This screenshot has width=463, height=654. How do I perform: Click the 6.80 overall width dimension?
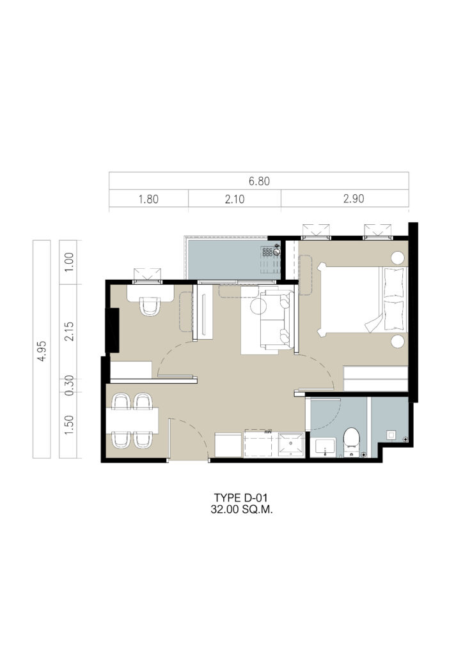tap(259, 181)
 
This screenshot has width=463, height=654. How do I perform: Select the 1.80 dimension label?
tap(148, 199)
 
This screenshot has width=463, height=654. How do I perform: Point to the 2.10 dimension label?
tap(234, 199)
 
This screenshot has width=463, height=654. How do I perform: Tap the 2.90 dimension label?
tap(354, 199)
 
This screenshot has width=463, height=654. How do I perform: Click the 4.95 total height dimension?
tap(42, 351)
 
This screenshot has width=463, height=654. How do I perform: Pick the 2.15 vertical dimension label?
tap(69, 331)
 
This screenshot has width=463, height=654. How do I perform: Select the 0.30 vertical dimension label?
tap(69, 385)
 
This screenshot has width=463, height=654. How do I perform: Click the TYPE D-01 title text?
tap(241, 498)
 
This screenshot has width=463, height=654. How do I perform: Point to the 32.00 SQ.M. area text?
tap(242, 509)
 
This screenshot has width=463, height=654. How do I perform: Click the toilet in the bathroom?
tap(352, 441)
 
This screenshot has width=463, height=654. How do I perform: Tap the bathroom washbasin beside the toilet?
tap(324, 448)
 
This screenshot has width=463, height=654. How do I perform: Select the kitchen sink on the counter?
tap(291, 445)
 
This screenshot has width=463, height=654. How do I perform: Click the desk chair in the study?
tap(150, 306)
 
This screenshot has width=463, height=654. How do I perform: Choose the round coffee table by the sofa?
tap(258, 307)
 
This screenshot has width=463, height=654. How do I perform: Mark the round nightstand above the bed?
tap(398, 258)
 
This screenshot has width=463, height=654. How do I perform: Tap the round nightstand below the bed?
tap(398, 342)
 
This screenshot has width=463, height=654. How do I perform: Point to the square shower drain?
tap(391, 434)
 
